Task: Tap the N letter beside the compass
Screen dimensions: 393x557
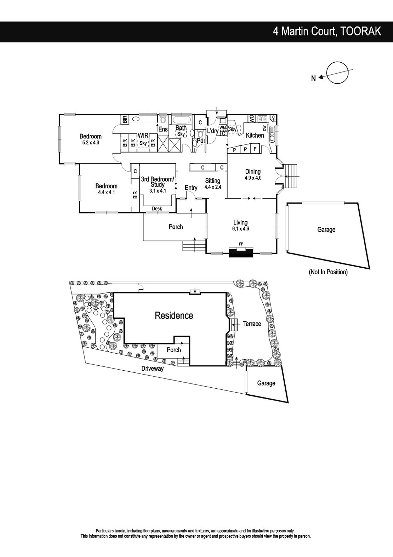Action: (313, 79)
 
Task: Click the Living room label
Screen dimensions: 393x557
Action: (240, 222)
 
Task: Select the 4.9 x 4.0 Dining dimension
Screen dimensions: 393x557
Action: (253, 178)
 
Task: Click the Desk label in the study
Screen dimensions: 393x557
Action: (157, 209)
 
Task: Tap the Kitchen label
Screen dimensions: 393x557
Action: (255, 135)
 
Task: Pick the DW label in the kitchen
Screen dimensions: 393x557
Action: (264, 128)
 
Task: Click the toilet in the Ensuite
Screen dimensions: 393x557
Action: (163, 120)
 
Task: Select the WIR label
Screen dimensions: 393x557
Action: (143, 135)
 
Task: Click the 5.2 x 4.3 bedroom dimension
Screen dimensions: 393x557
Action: (91, 143)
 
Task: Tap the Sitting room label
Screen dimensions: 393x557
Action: (213, 181)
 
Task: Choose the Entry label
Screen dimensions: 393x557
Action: (191, 188)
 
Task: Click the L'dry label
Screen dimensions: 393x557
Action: (213, 131)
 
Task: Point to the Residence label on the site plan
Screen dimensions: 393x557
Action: (174, 316)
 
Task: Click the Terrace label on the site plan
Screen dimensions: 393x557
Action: (252, 324)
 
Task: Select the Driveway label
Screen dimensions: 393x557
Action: (152, 369)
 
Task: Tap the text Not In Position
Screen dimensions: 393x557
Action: (328, 272)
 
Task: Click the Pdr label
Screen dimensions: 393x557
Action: (201, 141)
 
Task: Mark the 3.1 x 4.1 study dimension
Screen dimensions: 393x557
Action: (158, 191)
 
